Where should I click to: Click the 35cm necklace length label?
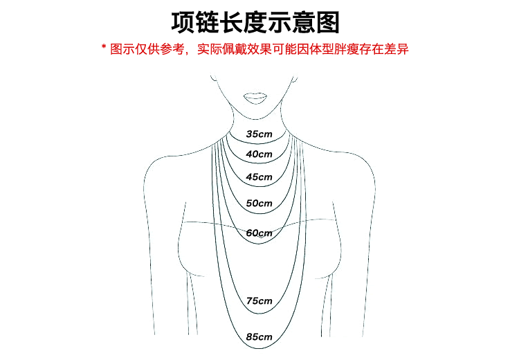click(259, 133)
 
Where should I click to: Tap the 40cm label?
click(259, 154)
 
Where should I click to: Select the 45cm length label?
click(259, 177)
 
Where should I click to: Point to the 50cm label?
click(259, 204)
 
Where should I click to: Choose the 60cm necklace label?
click(259, 233)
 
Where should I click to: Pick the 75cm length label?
click(259, 301)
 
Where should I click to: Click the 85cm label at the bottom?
click(259, 337)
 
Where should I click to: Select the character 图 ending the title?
click(330, 23)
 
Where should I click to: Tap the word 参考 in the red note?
click(172, 51)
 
